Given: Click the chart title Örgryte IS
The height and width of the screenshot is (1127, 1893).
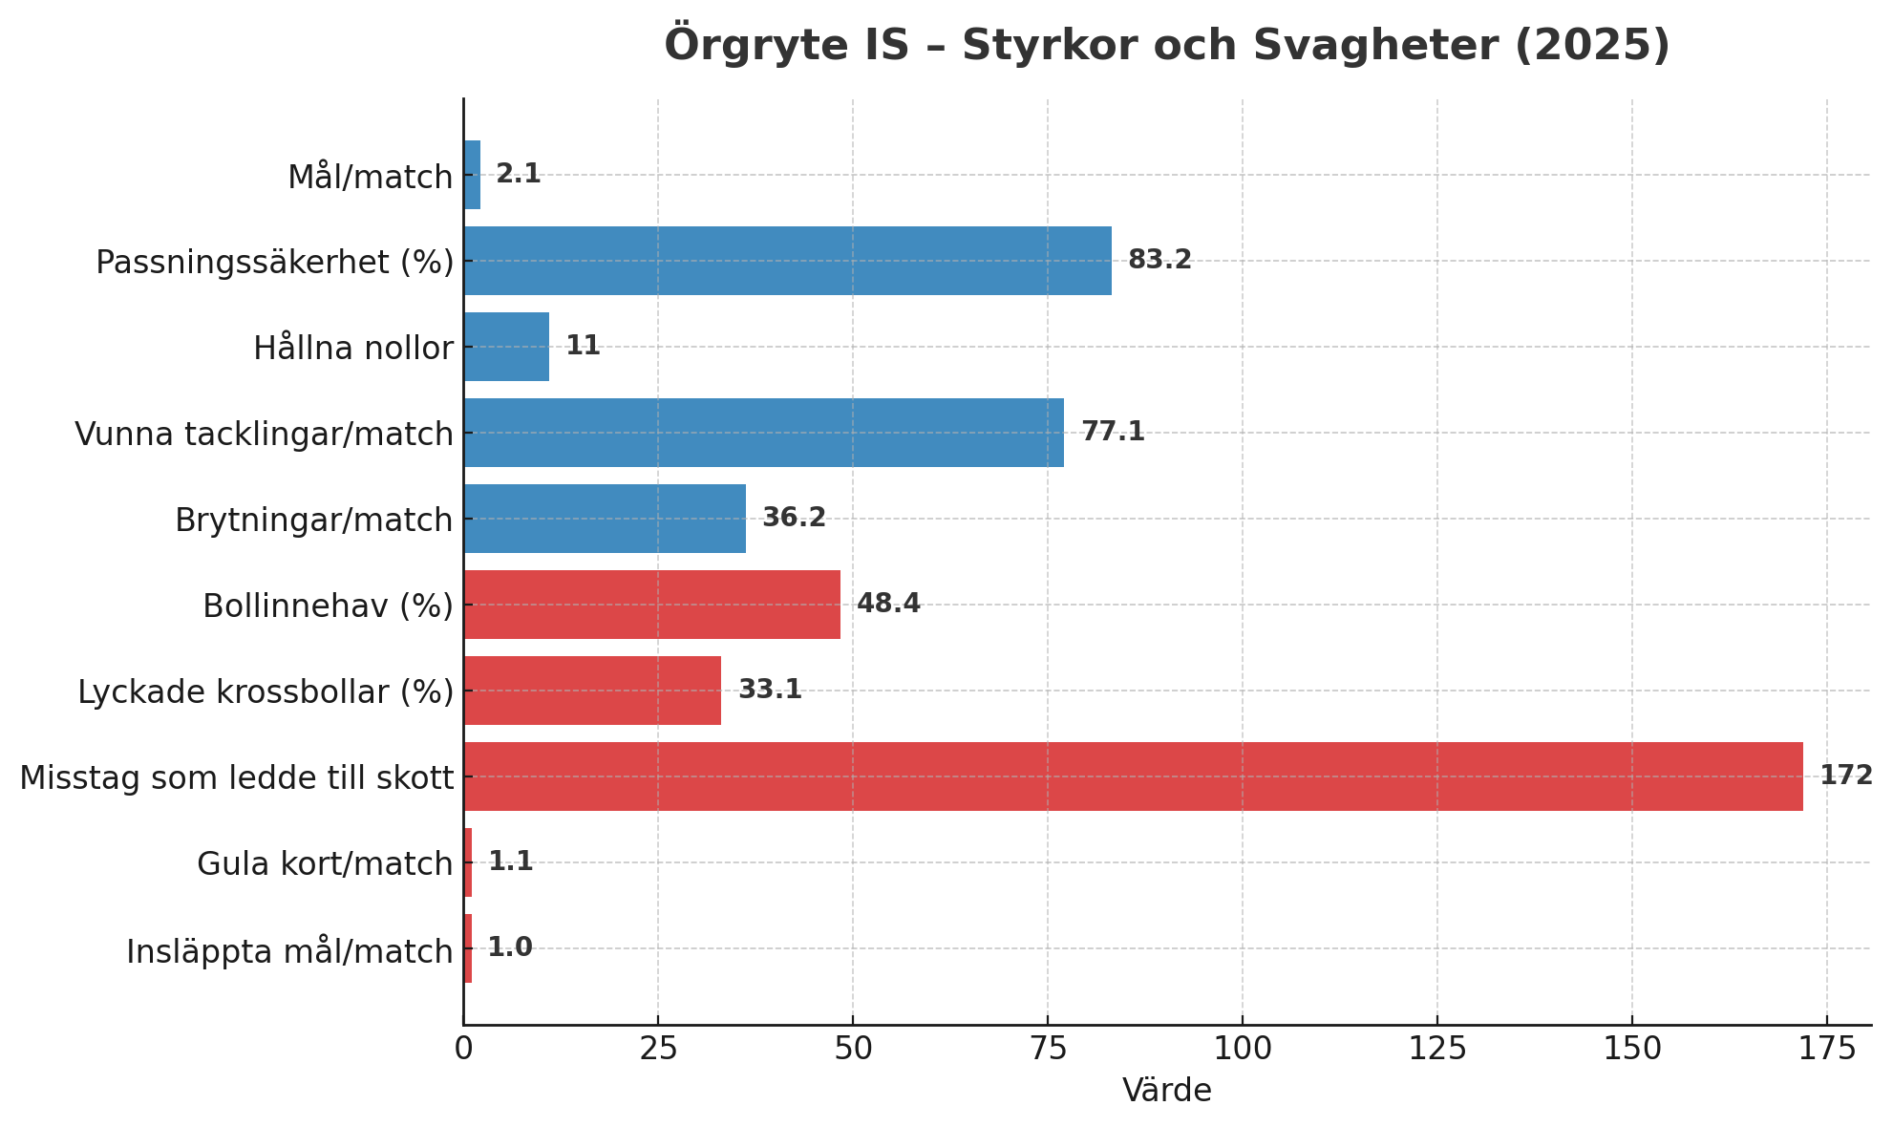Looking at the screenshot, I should point(1166,45).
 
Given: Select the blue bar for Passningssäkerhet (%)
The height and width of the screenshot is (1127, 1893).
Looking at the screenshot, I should point(787,261).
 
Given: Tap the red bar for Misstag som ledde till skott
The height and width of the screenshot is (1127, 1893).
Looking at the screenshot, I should point(1133,776).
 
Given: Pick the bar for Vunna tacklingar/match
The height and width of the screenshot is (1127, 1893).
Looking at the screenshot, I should point(763,433).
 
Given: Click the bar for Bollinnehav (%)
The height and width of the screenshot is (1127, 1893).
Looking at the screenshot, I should point(651,605).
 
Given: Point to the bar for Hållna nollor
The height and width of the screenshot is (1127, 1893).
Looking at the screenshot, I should point(506,347).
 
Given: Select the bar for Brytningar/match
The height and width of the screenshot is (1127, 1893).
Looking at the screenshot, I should point(605,519).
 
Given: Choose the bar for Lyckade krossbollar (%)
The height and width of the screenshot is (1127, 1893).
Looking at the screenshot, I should point(592,691).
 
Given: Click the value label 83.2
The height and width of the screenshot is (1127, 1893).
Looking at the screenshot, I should point(1159,260).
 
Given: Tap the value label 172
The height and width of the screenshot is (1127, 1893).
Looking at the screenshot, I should point(1845,776).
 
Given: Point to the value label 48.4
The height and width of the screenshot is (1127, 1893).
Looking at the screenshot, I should point(888,604).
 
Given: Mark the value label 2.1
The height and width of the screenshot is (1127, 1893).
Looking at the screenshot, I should point(518,174).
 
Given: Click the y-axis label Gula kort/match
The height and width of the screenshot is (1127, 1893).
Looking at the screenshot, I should point(325,863).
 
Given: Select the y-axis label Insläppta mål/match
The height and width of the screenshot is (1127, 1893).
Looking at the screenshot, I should point(289,951).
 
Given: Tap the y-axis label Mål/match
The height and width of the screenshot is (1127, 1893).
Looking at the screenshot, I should point(370,177).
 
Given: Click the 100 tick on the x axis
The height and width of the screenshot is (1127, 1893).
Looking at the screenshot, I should point(1242,1049).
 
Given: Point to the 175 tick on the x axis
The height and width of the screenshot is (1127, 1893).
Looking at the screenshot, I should point(1826,1049).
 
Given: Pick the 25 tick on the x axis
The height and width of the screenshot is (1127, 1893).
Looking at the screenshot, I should point(658,1049).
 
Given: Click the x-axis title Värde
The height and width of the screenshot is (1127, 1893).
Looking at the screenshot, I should point(1166,1091).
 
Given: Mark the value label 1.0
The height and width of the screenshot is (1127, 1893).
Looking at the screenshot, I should point(510,947).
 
